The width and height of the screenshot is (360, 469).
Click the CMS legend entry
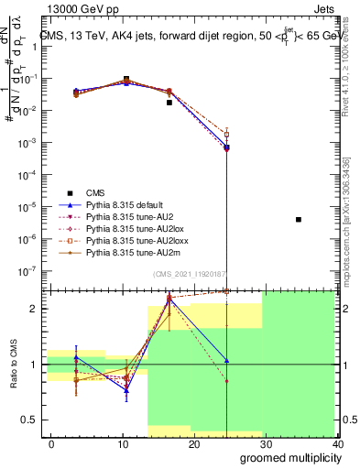tap(95, 192)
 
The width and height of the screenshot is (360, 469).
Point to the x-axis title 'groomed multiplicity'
tap(289, 457)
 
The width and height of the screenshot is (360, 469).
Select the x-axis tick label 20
tap(193, 443)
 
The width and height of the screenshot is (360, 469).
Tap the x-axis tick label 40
tap(337, 443)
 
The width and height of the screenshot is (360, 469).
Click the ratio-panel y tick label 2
tap(32, 308)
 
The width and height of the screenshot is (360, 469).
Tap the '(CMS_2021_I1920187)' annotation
tap(190, 273)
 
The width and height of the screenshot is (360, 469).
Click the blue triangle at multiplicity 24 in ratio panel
tap(225, 361)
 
